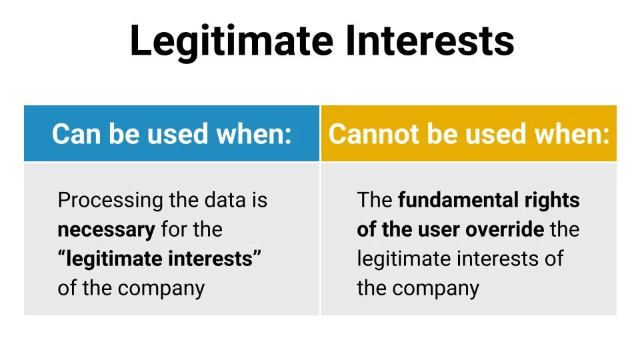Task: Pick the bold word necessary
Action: pyautogui.click(x=106, y=229)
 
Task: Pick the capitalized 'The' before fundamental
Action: pyautogui.click(x=375, y=200)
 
